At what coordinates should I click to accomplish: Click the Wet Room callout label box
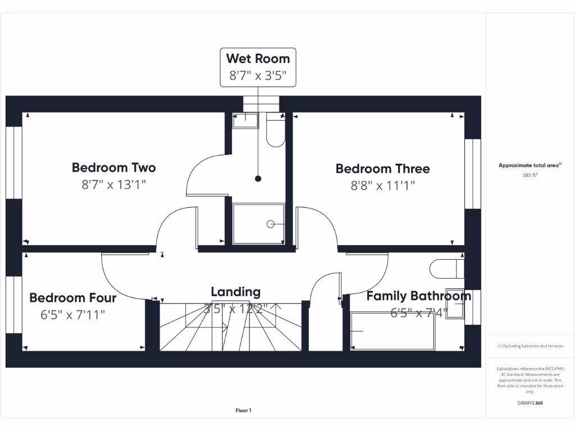258,67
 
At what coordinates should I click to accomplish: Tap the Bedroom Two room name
114,167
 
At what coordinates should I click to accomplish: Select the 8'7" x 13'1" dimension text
114,185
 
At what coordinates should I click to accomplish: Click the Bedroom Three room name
382,168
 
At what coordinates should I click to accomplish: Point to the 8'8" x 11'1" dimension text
382,186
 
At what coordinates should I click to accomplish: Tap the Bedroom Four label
73,297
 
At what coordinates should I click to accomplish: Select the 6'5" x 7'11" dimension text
73,315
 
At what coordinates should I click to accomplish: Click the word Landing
236,292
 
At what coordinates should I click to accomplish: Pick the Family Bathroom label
418,296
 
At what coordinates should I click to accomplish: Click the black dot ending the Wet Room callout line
258,179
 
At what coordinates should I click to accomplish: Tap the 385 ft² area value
530,175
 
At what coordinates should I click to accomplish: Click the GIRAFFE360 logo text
530,403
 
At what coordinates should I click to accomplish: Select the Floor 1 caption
243,411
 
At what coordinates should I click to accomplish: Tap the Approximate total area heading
530,166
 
